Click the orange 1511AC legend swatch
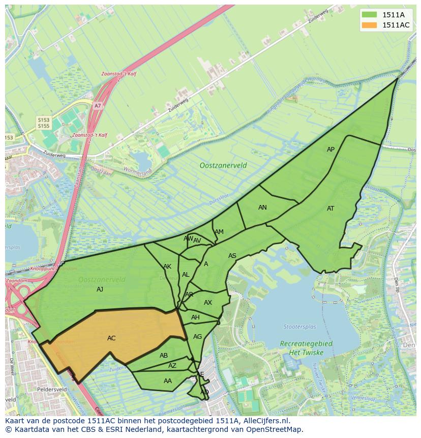pos(370,25)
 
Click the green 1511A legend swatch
pos(370,14)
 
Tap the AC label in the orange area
pos(111,338)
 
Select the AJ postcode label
pos(100,289)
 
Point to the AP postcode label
pos(330,150)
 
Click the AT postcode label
pos(330,208)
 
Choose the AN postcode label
pos(262,207)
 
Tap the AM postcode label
pos(219,232)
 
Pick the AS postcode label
pos(232,256)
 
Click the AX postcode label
pos(208,302)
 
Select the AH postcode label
pos(195,317)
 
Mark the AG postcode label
pos(198,337)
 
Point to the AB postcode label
pos(164,356)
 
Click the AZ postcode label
pos(172,366)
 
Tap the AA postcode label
pos(168,381)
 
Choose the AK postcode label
pos(167,266)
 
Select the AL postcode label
pos(186,275)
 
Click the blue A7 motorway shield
pos(98,105)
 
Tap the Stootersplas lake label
pos(300,327)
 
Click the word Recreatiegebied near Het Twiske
pos(306,344)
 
